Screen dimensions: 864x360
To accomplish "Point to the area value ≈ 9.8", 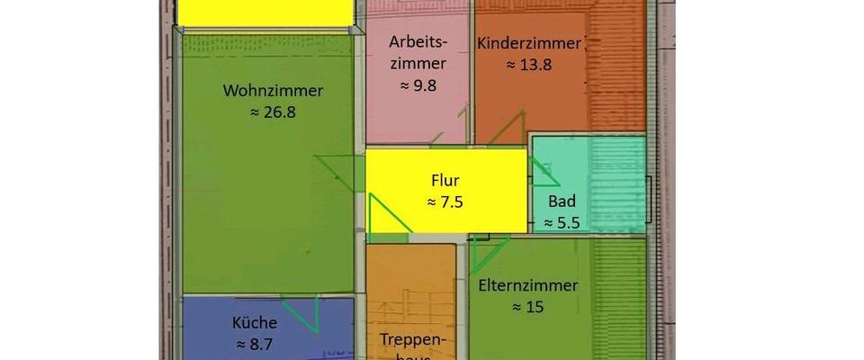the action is [x=418, y=85].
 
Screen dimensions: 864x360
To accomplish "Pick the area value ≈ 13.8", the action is [x=529, y=65].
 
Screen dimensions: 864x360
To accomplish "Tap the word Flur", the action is [x=445, y=180].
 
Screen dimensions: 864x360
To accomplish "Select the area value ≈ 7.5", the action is [x=445, y=202].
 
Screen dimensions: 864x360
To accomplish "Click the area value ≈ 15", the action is [x=529, y=307].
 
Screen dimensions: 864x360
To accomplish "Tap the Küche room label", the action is [x=255, y=322].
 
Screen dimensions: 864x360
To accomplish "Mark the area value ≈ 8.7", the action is [x=255, y=344].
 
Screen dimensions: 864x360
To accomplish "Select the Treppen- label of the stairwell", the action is [x=409, y=340].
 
